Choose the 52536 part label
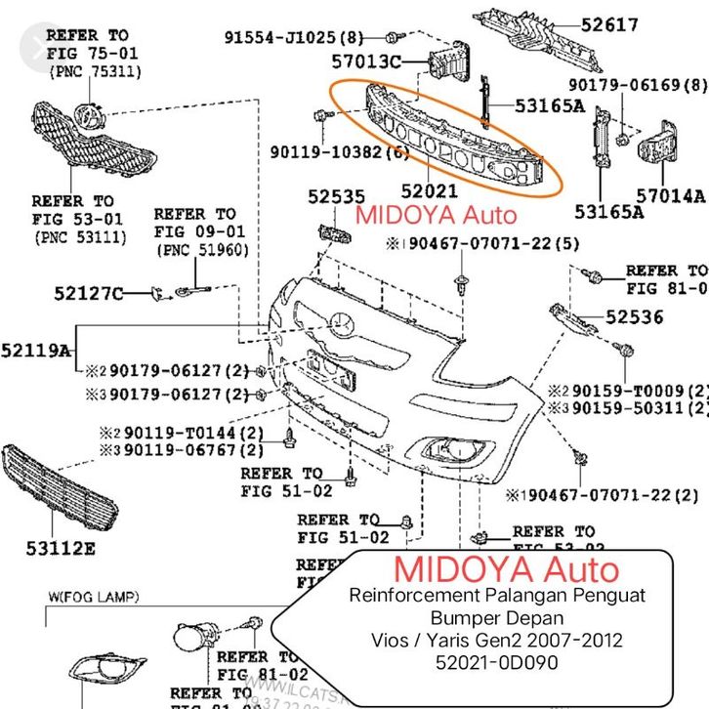click(634, 316)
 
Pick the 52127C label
click(89, 292)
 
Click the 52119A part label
click(36, 349)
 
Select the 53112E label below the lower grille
click(61, 548)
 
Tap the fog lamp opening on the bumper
click(438, 450)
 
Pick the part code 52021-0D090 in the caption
click(499, 662)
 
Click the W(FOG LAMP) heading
click(93, 596)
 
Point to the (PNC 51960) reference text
click(202, 249)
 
